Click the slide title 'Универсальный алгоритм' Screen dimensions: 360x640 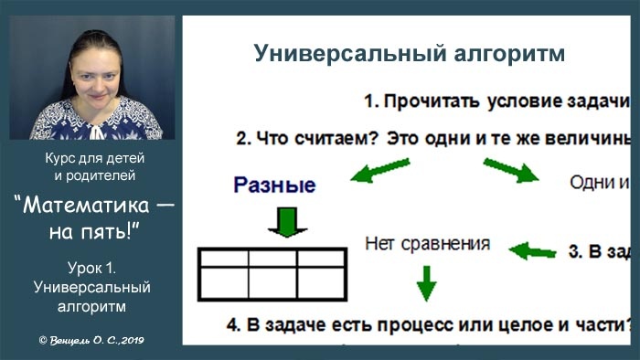point(409,53)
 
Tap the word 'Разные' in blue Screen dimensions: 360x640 point(274,185)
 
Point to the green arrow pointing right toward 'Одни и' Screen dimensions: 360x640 point(511,171)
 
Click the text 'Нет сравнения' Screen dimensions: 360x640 point(426,244)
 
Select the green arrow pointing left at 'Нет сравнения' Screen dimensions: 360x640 point(532,249)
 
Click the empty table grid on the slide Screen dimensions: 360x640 point(272,275)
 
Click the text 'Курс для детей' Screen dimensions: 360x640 point(94,158)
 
